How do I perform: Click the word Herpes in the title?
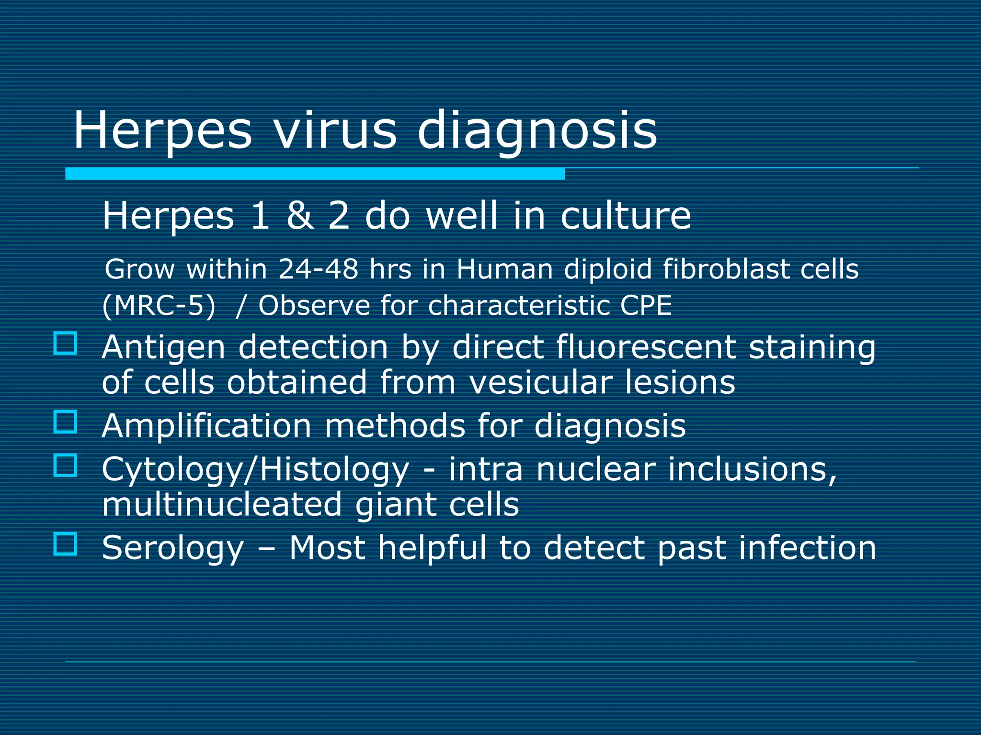pos(162,130)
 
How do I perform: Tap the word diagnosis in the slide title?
pos(537,132)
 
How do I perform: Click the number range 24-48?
pos(319,269)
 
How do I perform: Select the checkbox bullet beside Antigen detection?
pos(65,343)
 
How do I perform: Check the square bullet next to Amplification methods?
pos(65,422)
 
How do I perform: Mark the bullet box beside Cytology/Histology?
pos(65,465)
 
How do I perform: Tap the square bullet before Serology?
pos(65,544)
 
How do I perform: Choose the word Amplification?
pos(206,425)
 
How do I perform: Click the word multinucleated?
pos(222,504)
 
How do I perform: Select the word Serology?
pos(173,548)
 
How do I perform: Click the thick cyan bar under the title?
pos(315,174)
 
